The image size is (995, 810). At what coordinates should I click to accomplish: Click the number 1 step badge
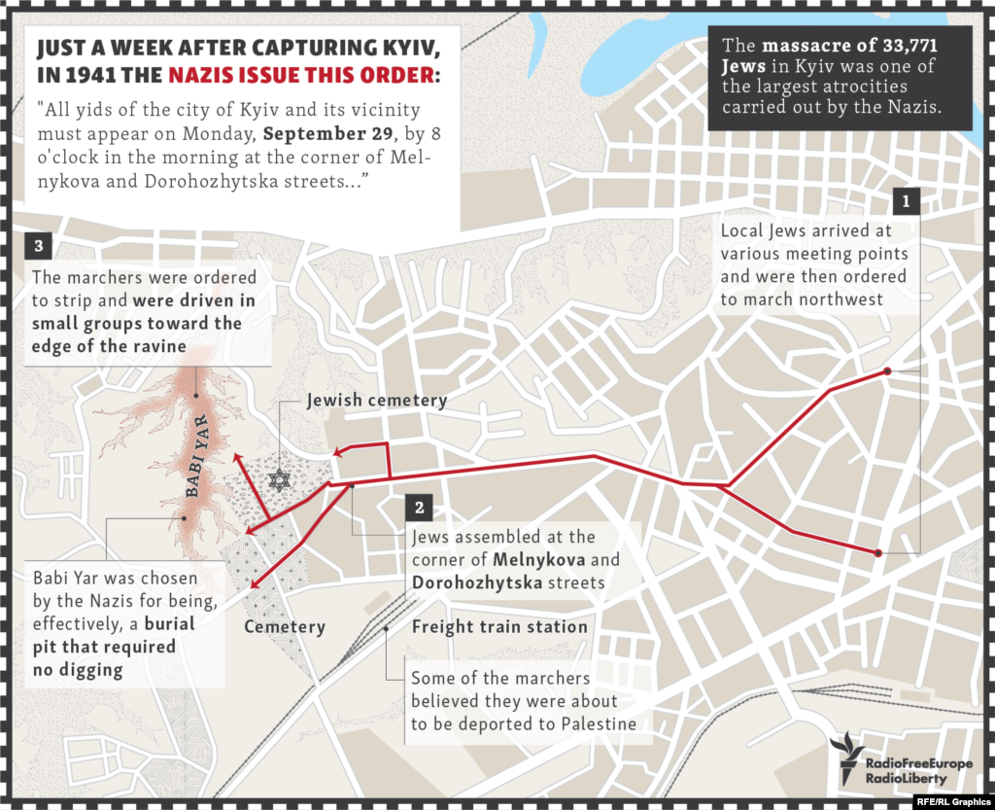(x=906, y=201)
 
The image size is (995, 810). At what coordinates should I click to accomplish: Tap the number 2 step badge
(x=418, y=508)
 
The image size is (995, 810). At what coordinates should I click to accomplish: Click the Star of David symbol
(x=280, y=479)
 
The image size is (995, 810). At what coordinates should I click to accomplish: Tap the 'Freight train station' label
(x=499, y=626)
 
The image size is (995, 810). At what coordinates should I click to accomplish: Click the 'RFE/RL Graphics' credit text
(x=950, y=801)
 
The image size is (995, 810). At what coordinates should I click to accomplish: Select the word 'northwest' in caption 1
(x=841, y=299)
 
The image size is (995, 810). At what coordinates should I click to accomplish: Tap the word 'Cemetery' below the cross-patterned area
(x=285, y=626)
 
